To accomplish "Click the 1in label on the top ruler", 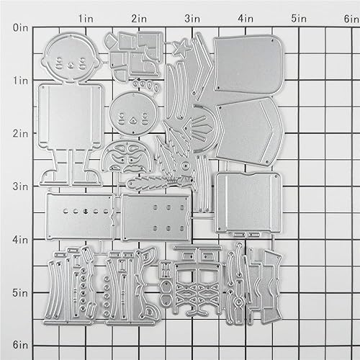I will click(86, 16).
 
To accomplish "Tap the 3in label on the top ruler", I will click(192, 16).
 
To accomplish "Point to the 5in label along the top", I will click(296, 16).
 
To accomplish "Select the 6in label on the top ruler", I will click(348, 16).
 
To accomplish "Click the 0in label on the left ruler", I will click(20, 28).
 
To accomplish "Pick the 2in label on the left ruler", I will click(20, 134).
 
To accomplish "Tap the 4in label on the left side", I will click(20, 239).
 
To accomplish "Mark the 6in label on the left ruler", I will click(20, 344).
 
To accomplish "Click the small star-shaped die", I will click(180, 50).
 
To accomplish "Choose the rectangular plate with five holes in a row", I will click(79, 214).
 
